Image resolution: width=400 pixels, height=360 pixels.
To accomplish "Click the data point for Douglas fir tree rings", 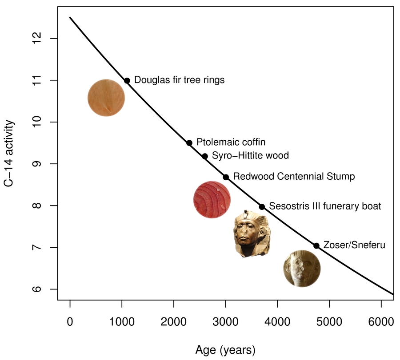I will (x=127, y=80).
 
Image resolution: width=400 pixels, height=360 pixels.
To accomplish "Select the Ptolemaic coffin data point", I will (x=189, y=143).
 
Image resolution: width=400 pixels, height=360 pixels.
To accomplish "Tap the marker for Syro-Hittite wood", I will (x=205, y=156).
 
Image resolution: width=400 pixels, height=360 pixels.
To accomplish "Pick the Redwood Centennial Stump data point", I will (x=226, y=177).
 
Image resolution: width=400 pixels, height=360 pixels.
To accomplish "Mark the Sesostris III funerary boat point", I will (x=262, y=207).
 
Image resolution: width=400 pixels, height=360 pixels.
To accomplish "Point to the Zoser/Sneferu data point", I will (x=316, y=245).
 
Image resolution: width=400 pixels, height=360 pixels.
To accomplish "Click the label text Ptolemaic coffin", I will (x=231, y=142).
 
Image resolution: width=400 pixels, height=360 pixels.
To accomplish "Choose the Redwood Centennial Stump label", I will (x=294, y=177).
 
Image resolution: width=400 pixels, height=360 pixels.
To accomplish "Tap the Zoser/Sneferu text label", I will (x=354, y=245).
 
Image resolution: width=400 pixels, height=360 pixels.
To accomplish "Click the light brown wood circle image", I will (x=106, y=98).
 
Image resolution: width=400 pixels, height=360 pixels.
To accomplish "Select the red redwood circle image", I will (x=212, y=200).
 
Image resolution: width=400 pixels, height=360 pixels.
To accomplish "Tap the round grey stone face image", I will (x=302, y=268).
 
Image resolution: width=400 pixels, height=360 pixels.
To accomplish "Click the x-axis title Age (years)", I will (x=225, y=350).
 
